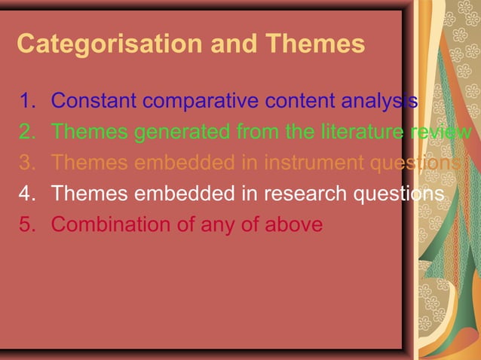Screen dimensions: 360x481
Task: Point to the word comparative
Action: point(198,101)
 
